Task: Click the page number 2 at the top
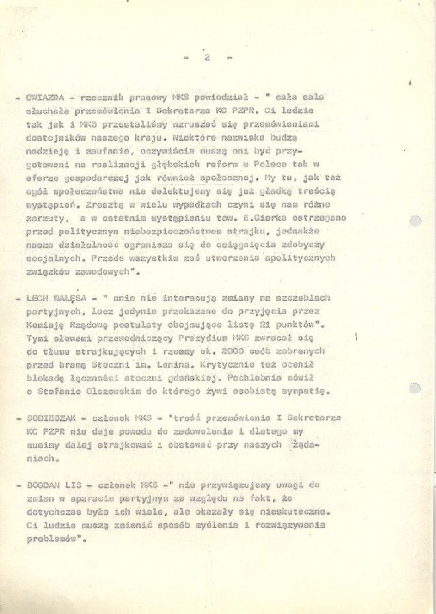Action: (207, 57)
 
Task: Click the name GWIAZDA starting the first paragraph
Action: (45, 97)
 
